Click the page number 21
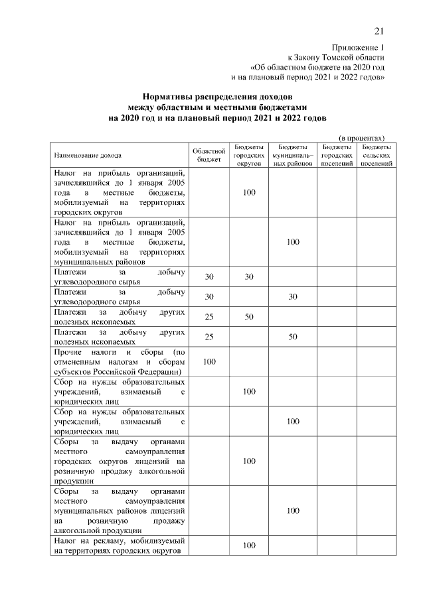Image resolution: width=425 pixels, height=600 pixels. point(379,31)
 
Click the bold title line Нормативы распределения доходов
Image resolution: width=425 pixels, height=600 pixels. point(218,97)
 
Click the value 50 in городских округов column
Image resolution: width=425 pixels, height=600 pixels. point(249,317)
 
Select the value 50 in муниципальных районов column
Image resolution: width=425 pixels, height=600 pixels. point(293,337)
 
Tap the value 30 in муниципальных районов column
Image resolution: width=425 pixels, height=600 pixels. point(293,296)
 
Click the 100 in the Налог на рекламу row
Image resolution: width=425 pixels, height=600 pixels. point(249,546)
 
